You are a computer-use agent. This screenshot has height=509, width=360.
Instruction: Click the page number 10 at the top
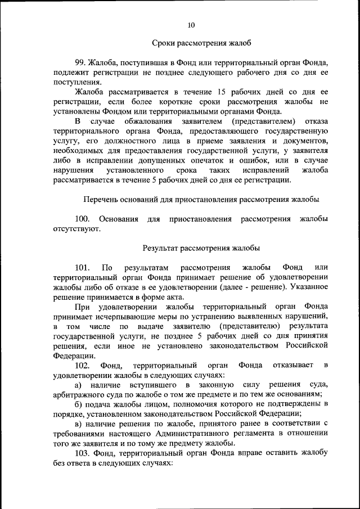pos(191,25)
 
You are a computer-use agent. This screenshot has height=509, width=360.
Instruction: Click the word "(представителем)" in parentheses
pos(263,121)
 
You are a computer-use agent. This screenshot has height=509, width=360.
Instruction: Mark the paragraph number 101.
pos(83,267)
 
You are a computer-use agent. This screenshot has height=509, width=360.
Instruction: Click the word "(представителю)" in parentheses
pos(247,326)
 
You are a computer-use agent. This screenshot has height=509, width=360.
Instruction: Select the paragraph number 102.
pos(83,366)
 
